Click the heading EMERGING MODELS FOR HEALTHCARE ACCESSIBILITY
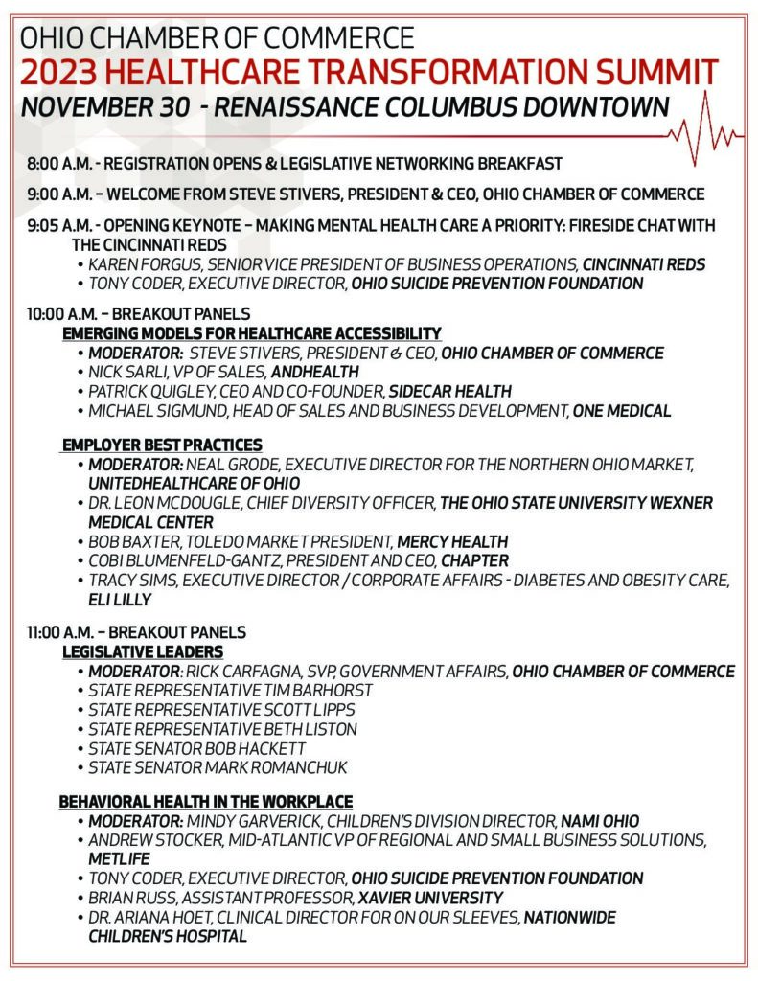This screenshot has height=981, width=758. (251, 333)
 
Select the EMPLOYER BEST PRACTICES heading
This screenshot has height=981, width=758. (162, 445)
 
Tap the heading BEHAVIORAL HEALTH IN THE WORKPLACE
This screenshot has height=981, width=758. (206, 801)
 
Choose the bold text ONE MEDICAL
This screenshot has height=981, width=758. (622, 411)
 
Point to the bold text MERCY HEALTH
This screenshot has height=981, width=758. (452, 541)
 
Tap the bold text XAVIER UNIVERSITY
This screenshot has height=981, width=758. (430, 898)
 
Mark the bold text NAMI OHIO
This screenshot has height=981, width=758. (600, 821)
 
